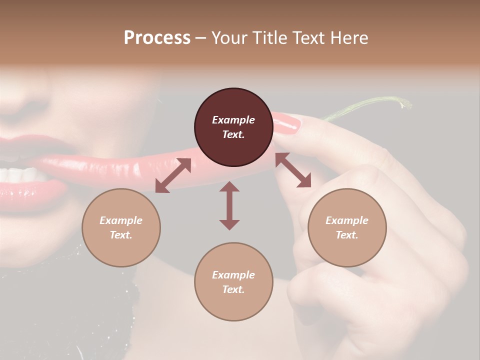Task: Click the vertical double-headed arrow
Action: point(229,205)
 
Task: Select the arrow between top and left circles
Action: point(173,175)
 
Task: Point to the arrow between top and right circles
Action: point(293,170)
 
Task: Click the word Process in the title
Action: point(157,37)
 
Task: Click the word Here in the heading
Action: point(350,37)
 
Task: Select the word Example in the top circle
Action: point(233,120)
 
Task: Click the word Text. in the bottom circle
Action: point(233,289)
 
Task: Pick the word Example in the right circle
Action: point(347,220)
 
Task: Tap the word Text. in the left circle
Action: point(121,235)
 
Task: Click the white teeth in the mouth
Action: point(20,174)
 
